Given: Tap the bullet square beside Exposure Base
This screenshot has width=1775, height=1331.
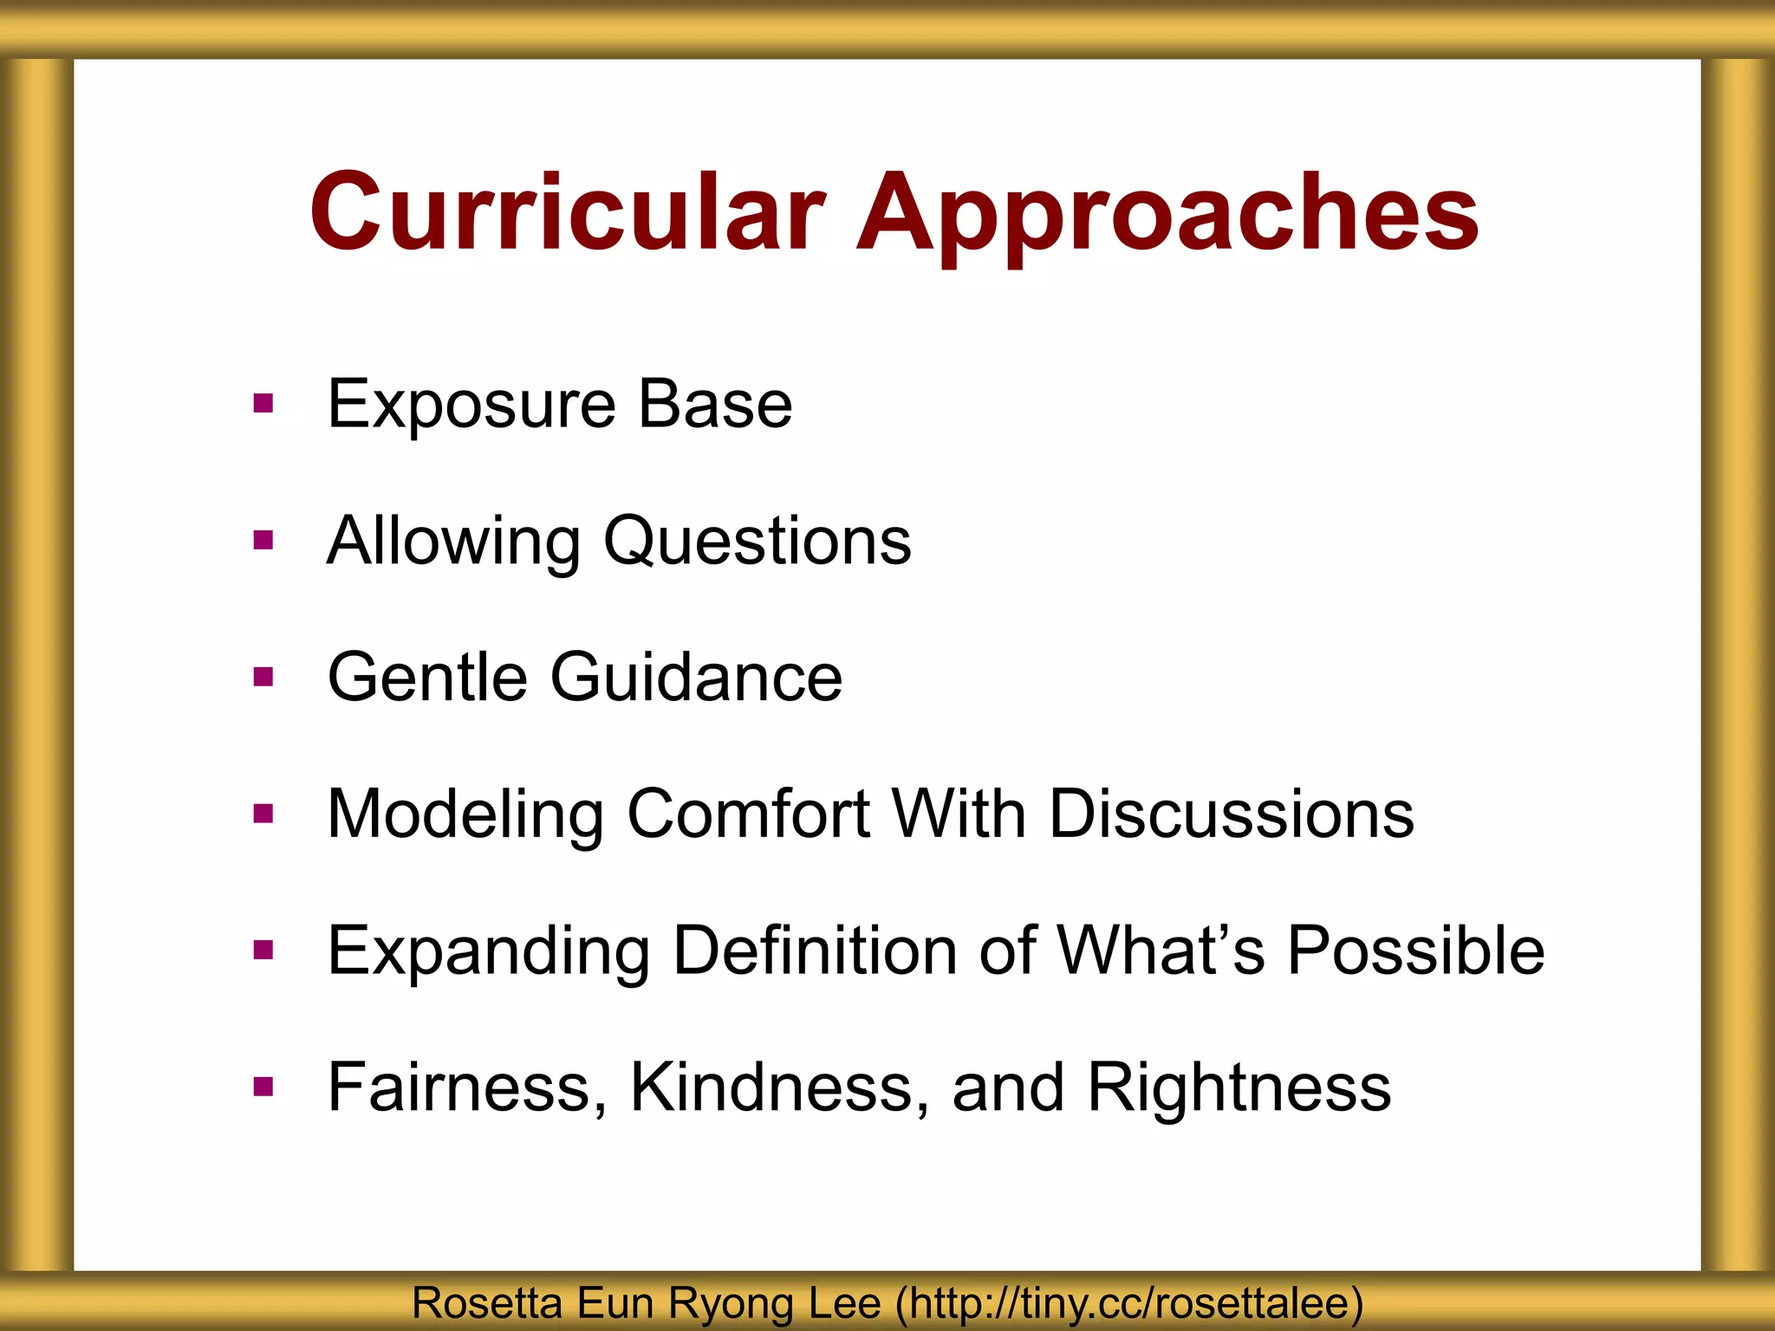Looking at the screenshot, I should coord(263,404).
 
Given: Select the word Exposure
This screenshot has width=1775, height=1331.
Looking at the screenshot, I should coord(471,405).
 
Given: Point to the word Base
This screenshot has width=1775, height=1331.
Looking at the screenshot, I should coord(715,404).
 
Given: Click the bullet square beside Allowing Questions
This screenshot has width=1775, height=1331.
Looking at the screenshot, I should coord(263,541).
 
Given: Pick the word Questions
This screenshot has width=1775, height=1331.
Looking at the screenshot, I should coord(757,542).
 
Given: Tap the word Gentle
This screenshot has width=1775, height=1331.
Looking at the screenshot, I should coord(427,677).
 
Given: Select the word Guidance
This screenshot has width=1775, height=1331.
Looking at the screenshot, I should coord(696,677).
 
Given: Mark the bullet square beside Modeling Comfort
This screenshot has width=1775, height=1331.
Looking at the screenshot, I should coord(263,814).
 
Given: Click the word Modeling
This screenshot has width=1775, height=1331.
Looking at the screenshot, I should coord(465,815).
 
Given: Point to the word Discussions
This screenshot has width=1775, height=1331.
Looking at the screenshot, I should coord(1231,814).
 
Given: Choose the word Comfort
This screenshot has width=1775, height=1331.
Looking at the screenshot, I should coord(748,814).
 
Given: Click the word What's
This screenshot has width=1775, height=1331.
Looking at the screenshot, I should coord(1161,951).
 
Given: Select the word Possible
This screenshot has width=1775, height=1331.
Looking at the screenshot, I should coord(1415,951).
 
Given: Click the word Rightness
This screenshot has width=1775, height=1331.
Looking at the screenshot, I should coord(1239,1088).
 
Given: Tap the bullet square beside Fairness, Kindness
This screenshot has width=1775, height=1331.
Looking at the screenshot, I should coord(263,1087).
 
